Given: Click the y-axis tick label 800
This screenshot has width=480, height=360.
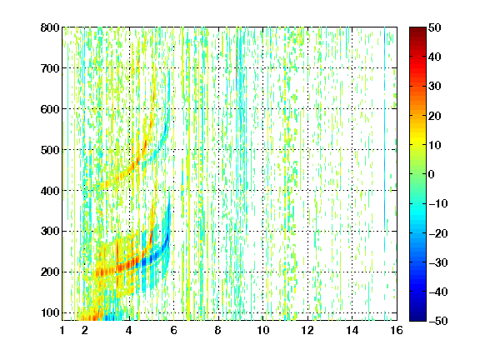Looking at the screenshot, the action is [50, 27].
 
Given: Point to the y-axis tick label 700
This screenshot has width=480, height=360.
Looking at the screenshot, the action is [50, 68].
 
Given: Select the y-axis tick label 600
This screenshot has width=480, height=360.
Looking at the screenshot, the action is [50, 109].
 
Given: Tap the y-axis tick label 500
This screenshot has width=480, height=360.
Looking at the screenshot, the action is [50, 150].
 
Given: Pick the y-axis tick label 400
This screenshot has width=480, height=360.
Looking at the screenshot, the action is [50, 191].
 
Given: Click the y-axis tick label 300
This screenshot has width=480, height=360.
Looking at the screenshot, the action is [50, 232].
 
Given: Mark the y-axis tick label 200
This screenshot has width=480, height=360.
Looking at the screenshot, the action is [50, 272].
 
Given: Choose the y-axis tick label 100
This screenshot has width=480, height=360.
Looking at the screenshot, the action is [50, 312].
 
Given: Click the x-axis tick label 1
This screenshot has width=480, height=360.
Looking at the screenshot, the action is [62, 330].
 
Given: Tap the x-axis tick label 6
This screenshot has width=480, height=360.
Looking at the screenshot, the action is [173, 330].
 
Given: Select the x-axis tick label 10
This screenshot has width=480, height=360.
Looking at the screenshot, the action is [263, 330].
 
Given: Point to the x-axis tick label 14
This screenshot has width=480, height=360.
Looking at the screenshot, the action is [352, 330].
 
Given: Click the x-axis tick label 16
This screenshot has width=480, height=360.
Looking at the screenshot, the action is [397, 330].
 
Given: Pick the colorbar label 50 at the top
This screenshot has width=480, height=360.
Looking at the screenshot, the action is [435, 27].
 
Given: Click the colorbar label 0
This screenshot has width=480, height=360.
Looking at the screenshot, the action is [432, 174].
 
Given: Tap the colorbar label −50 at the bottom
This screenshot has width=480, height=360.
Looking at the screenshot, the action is [438, 321].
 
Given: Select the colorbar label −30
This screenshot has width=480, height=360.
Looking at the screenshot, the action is [438, 262].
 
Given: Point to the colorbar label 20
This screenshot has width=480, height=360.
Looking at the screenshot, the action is [435, 116].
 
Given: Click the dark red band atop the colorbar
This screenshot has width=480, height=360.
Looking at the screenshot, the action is [417, 33].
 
